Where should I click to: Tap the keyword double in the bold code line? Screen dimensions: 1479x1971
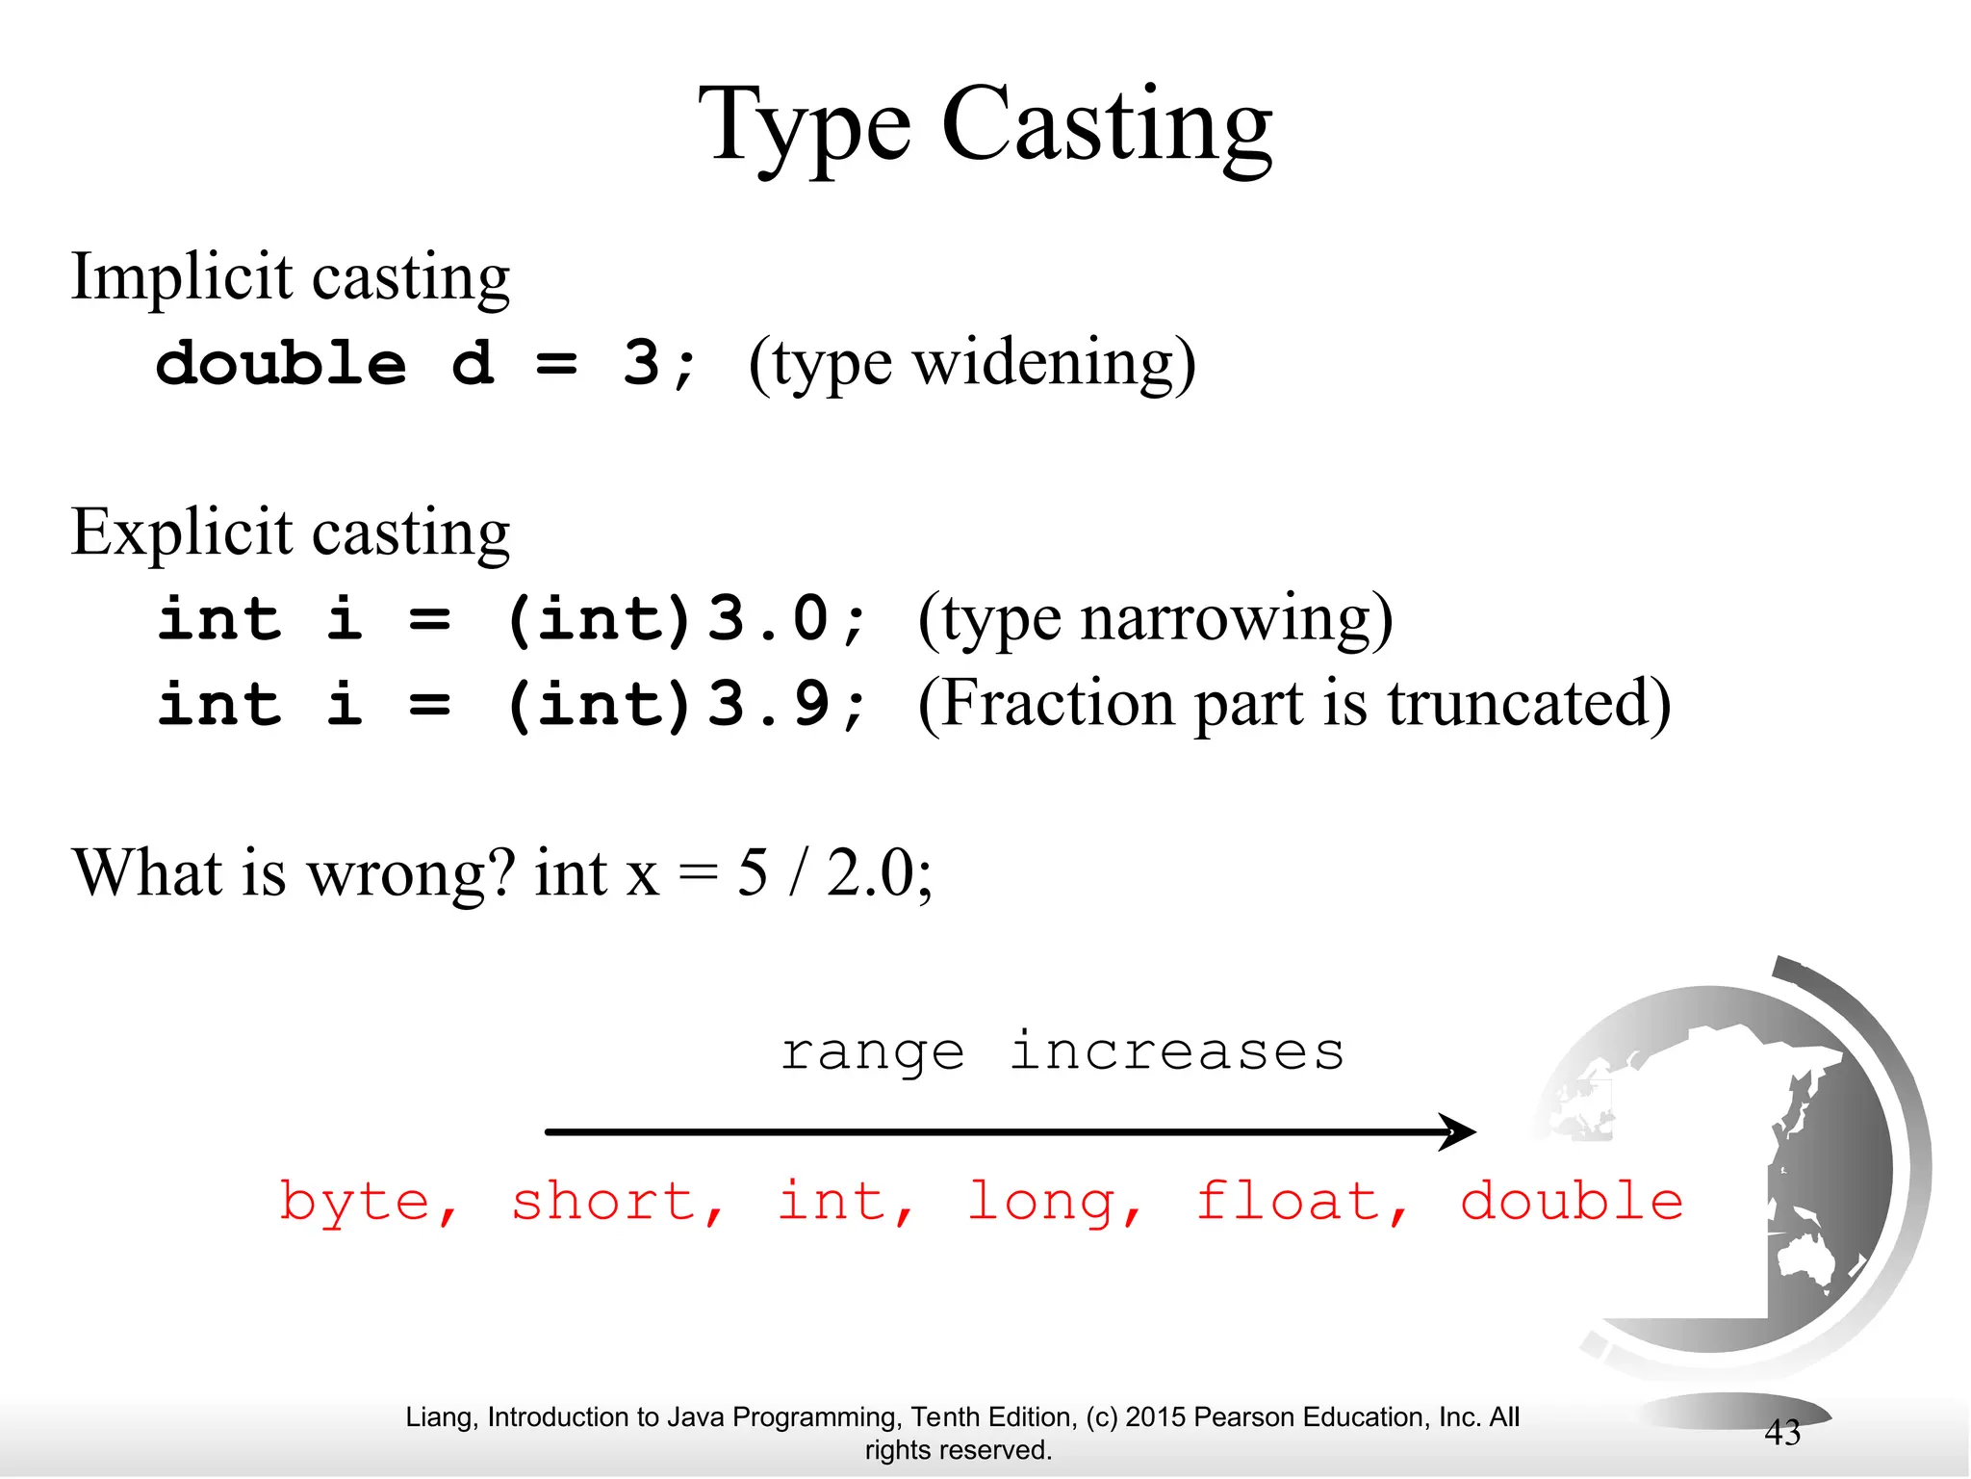[281, 364]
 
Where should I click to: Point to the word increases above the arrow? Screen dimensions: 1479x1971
[1176, 1051]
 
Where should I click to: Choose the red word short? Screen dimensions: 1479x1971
[604, 1202]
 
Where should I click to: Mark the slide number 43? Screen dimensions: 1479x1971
[1781, 1433]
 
